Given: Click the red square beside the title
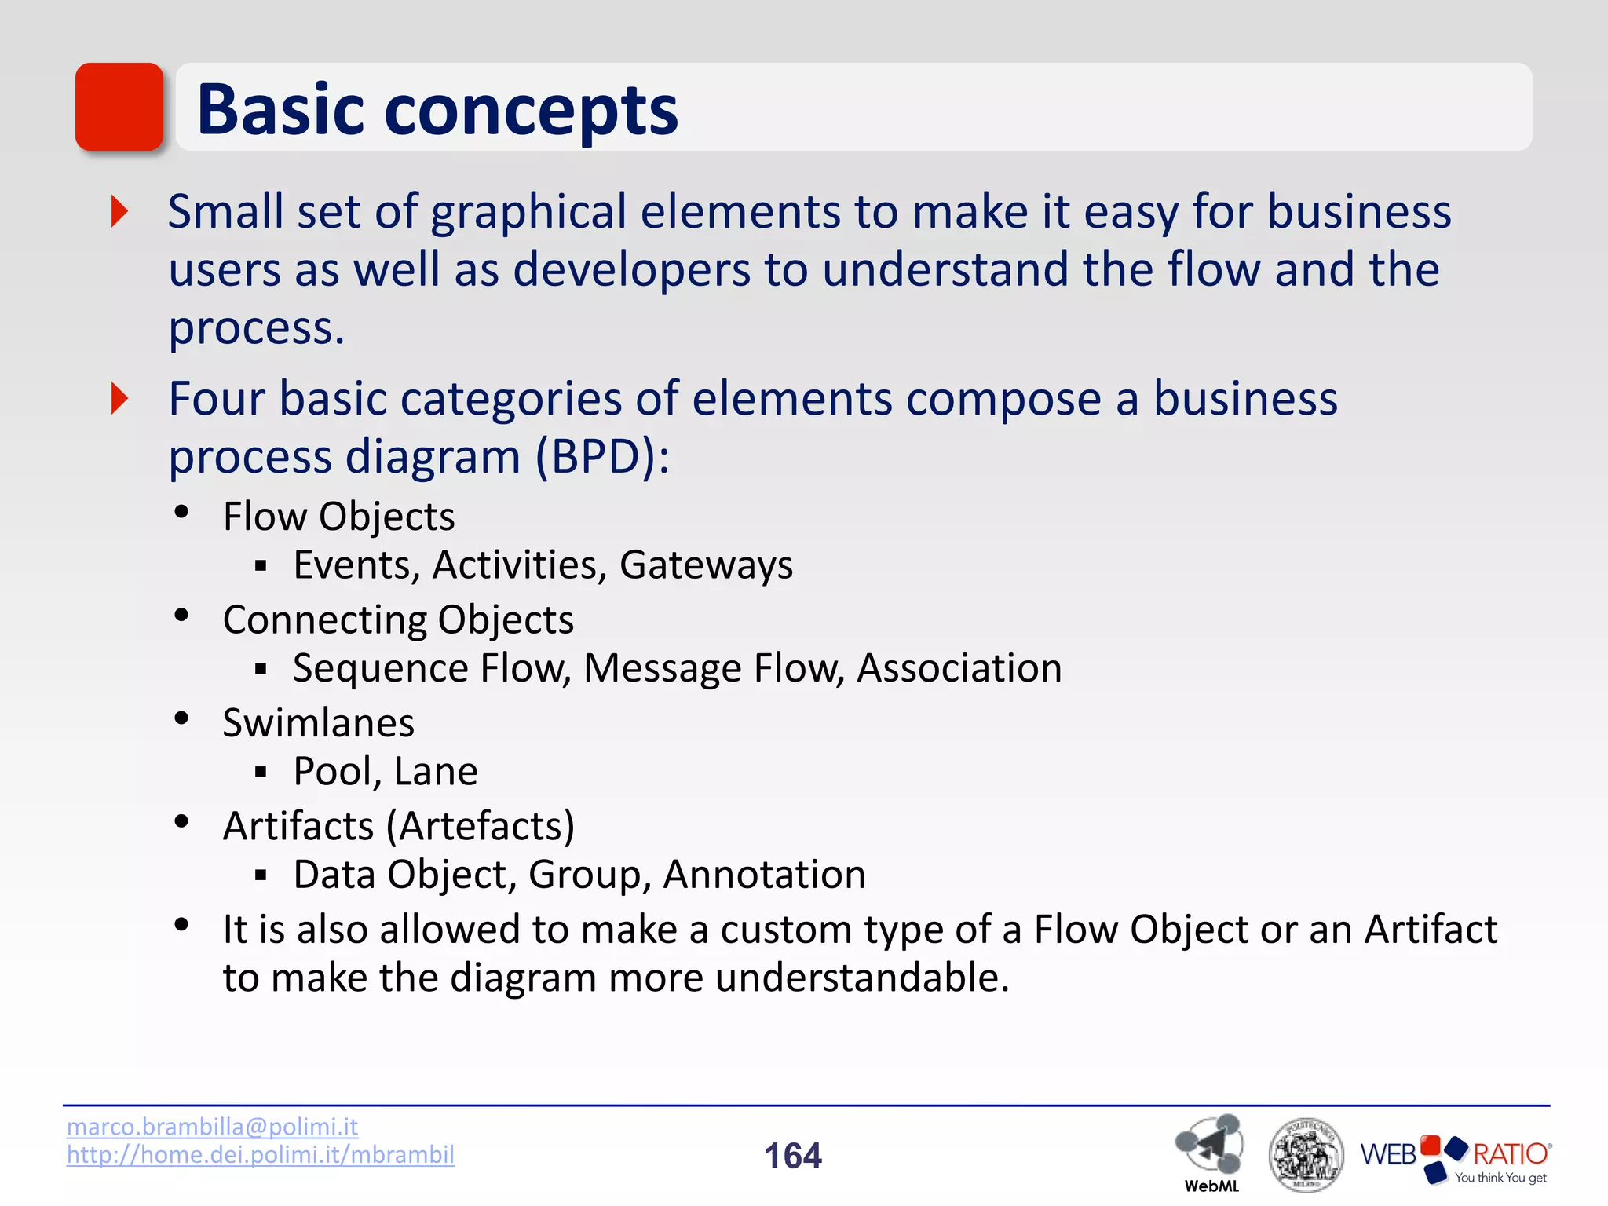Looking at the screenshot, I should click(119, 107).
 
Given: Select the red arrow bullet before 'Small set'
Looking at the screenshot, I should click(119, 211).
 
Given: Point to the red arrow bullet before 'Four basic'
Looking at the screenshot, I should click(119, 399).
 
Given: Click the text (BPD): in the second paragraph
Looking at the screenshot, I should click(602, 457).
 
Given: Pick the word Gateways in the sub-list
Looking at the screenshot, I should click(706, 565).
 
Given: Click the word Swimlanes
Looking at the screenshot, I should click(318, 723).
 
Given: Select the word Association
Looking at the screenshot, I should click(959, 669).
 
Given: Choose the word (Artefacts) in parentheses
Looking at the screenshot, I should click(481, 827).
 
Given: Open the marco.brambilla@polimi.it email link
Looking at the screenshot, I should click(212, 1127).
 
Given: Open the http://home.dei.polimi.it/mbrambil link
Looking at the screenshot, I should click(261, 1155).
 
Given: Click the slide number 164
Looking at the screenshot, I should click(793, 1156).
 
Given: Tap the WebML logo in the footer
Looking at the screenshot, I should click(1210, 1150).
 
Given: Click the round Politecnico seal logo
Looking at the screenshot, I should click(1306, 1155).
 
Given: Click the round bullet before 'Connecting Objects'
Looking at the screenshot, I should click(181, 616).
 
